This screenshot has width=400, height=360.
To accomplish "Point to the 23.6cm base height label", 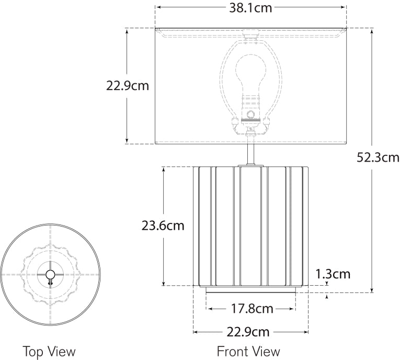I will pyautogui.click(x=163, y=226).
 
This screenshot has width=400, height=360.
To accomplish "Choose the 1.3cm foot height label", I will pyautogui.click(x=333, y=274).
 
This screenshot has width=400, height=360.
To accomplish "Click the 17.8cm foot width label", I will pyautogui.click(x=252, y=309).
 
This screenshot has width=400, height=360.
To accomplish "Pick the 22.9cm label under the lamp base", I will pyautogui.click(x=248, y=332).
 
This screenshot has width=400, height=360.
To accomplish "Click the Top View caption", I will pyautogui.click(x=49, y=351).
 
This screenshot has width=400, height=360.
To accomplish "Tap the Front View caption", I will pyautogui.click(x=248, y=351).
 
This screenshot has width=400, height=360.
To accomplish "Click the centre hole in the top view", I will pyautogui.click(x=50, y=274).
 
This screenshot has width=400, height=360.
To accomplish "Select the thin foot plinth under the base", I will pyautogui.click(x=251, y=289).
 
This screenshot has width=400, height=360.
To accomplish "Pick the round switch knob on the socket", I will pyautogui.click(x=251, y=116).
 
